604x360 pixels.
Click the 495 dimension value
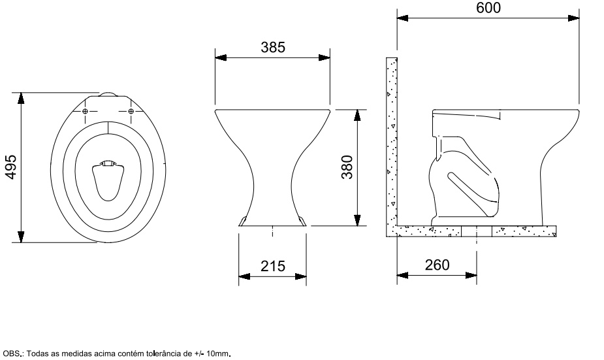tap(12, 167)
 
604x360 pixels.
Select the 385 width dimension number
tap(273, 48)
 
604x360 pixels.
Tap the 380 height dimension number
tap(347, 167)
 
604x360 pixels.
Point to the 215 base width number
tap(273, 266)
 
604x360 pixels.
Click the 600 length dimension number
tap(488, 8)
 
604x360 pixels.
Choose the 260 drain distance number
tap(437, 265)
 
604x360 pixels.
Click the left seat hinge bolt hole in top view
tap(85, 111)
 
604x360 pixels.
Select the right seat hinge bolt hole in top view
tap(131, 111)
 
